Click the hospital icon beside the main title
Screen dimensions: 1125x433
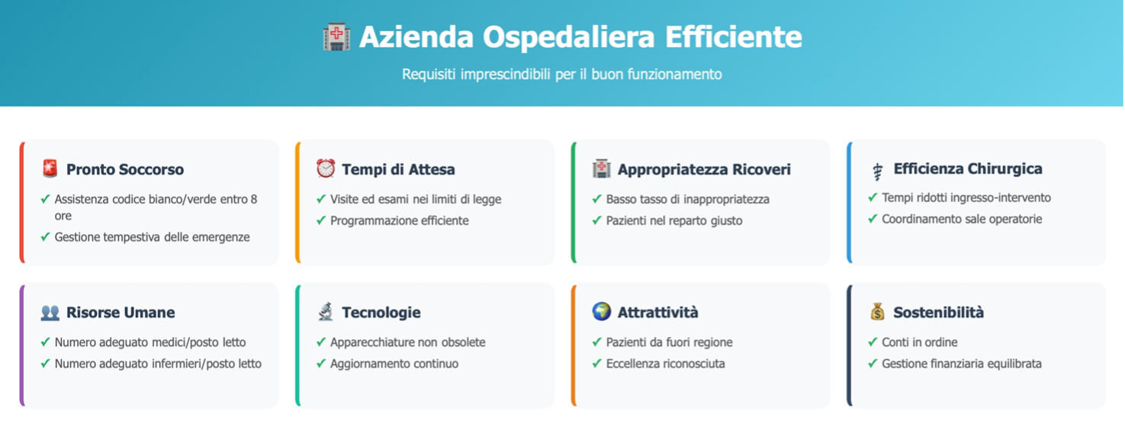[x=336, y=37]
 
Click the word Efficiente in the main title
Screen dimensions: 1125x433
[x=734, y=37]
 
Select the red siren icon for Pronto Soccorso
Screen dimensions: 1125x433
[x=50, y=168]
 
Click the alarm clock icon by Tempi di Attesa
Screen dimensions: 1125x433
[x=326, y=168]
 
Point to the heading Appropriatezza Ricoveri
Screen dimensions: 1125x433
[x=704, y=169]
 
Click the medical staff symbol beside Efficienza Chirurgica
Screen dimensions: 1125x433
[x=877, y=172]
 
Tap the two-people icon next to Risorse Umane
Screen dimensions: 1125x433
[x=50, y=312]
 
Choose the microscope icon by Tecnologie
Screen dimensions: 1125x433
[x=326, y=312]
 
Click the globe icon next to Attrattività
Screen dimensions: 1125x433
[x=601, y=312]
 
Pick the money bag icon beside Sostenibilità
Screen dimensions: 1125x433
[x=877, y=312]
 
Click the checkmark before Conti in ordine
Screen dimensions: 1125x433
[x=873, y=342]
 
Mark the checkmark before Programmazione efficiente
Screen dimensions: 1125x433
[x=321, y=221]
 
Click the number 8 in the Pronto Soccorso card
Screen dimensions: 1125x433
[x=254, y=199]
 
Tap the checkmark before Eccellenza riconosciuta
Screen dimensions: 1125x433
[x=597, y=364]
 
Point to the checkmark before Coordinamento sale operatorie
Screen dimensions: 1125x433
[x=873, y=219]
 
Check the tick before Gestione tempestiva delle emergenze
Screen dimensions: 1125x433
[x=45, y=237]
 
